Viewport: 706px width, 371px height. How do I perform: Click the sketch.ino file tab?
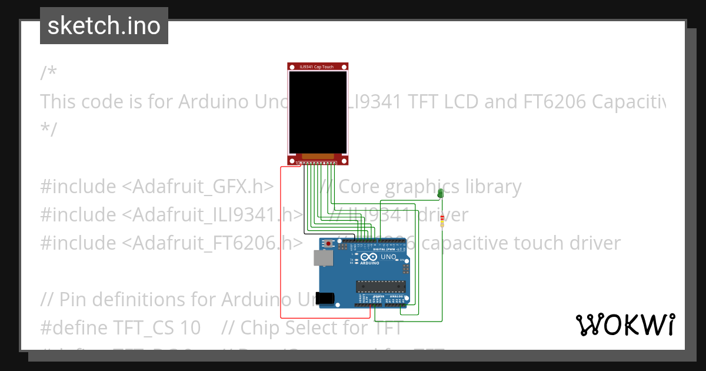pos(104,26)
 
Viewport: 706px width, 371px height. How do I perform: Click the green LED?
pos(440,193)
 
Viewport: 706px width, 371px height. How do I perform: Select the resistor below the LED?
pos(442,220)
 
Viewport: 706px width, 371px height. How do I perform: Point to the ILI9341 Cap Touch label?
pos(318,67)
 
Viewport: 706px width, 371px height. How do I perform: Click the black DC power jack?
pos(325,299)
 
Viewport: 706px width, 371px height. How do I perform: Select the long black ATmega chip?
pos(380,287)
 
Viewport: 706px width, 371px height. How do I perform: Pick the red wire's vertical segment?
pos(281,241)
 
